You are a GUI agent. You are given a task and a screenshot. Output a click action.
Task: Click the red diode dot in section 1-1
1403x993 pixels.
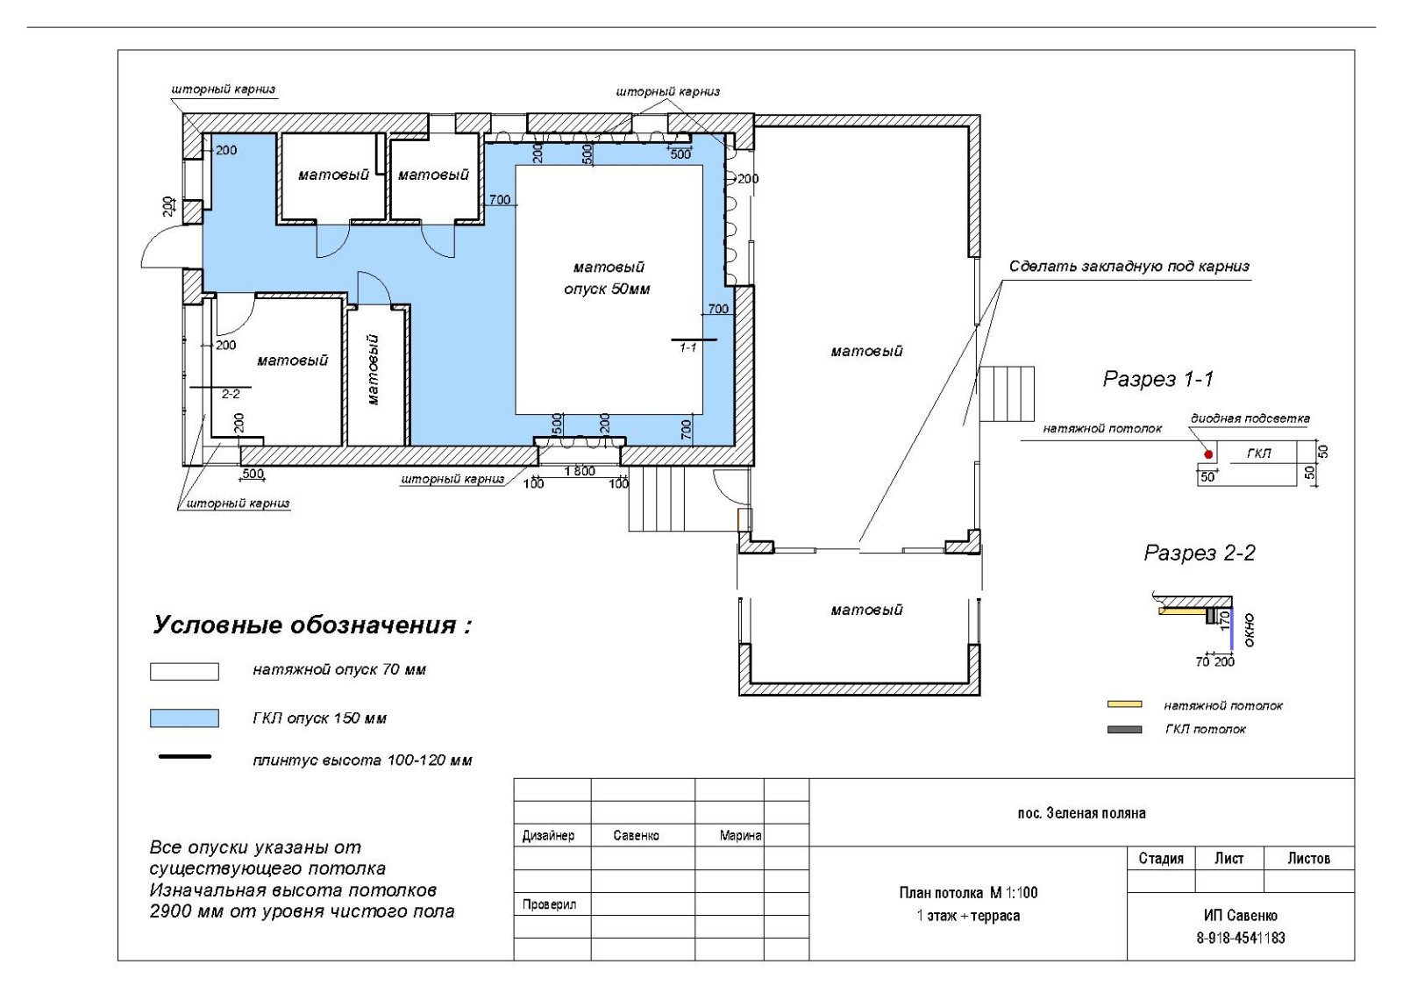(1208, 454)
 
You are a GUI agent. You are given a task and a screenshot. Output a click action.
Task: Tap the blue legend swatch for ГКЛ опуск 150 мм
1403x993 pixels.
(184, 718)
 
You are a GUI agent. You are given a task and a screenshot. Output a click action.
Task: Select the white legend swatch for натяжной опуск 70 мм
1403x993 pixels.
(184, 672)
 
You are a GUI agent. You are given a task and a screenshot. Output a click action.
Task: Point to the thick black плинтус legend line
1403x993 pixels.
(185, 757)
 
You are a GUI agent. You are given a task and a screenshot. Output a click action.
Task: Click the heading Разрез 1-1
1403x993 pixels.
(1158, 379)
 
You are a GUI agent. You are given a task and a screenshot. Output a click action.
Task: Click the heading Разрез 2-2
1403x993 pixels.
(1200, 553)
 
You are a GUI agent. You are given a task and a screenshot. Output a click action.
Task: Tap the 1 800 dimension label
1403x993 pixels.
(580, 471)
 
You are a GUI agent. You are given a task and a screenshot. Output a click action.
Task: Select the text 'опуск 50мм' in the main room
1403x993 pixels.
(607, 289)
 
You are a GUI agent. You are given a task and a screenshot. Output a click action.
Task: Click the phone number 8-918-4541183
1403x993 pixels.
(1241, 938)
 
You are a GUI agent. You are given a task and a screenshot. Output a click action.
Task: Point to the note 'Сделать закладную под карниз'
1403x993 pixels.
(1129, 267)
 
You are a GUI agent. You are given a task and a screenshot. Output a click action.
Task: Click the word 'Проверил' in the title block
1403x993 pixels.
(549, 904)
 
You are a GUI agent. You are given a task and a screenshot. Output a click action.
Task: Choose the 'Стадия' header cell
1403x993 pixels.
(1161, 858)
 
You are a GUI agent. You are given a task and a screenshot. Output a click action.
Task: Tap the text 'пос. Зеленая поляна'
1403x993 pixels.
(1082, 813)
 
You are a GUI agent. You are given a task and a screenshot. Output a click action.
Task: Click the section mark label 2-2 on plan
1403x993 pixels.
(231, 394)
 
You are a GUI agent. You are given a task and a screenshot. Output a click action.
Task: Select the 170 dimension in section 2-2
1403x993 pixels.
(1224, 620)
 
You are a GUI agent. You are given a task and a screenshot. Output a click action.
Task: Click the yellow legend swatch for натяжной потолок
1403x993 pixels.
(1124, 704)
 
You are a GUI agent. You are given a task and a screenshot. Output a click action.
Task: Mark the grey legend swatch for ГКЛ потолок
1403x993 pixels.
(1124, 729)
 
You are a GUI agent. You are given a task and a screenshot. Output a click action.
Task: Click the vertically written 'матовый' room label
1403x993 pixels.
(374, 369)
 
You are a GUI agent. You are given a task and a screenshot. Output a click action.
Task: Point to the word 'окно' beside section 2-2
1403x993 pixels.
(1249, 630)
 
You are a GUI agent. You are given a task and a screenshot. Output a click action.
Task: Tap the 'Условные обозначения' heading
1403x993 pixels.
(312, 625)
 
